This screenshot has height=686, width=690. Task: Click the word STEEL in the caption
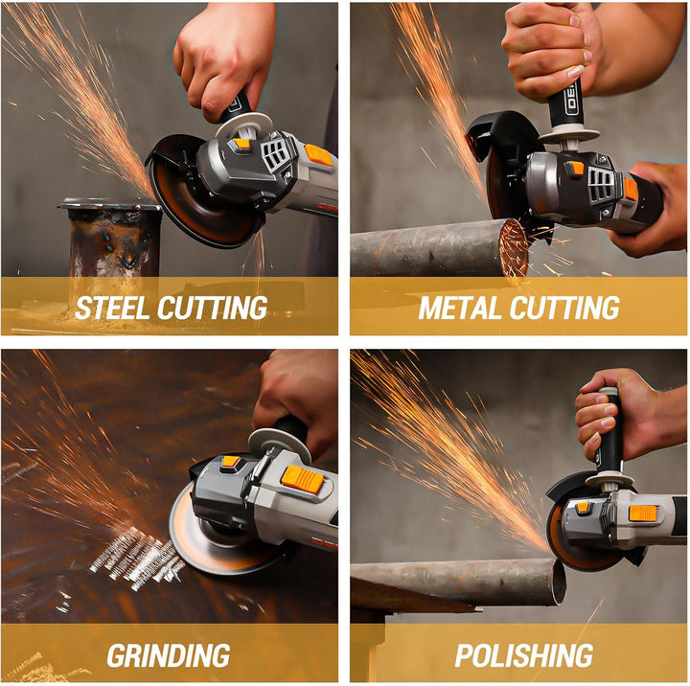(x=112, y=308)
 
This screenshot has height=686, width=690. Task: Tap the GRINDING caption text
(x=169, y=655)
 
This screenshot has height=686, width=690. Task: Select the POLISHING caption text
(x=523, y=655)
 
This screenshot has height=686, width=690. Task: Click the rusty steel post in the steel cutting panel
(x=113, y=240)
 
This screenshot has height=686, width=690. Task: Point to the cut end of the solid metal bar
(x=514, y=247)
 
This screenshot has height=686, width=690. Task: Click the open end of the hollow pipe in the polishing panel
(x=559, y=582)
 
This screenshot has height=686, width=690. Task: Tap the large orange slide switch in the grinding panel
(x=302, y=479)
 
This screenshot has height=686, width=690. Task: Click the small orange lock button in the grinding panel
(x=230, y=462)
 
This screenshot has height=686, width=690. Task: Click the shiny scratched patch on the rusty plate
(x=137, y=558)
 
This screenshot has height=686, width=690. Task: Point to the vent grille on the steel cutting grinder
(x=275, y=152)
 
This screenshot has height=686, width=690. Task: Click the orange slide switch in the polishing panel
(x=642, y=514)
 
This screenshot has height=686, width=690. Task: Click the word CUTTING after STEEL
(x=213, y=308)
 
